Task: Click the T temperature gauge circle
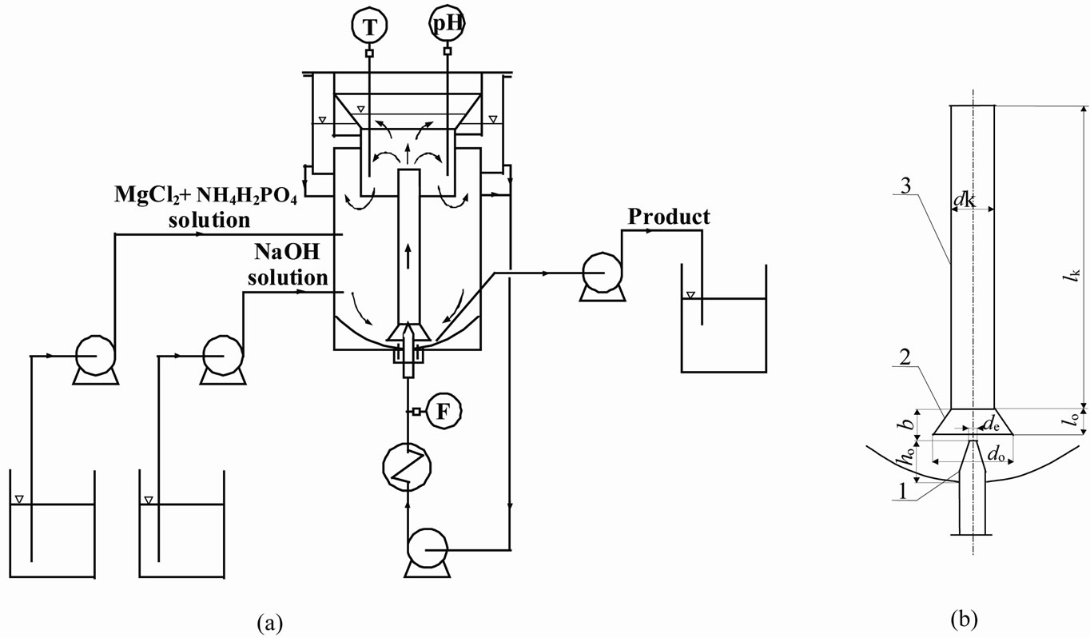point(369,26)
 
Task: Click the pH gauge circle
point(448,26)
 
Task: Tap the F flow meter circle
point(441,412)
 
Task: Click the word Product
point(669,217)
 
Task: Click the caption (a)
point(269,620)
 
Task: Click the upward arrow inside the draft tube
point(408,257)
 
